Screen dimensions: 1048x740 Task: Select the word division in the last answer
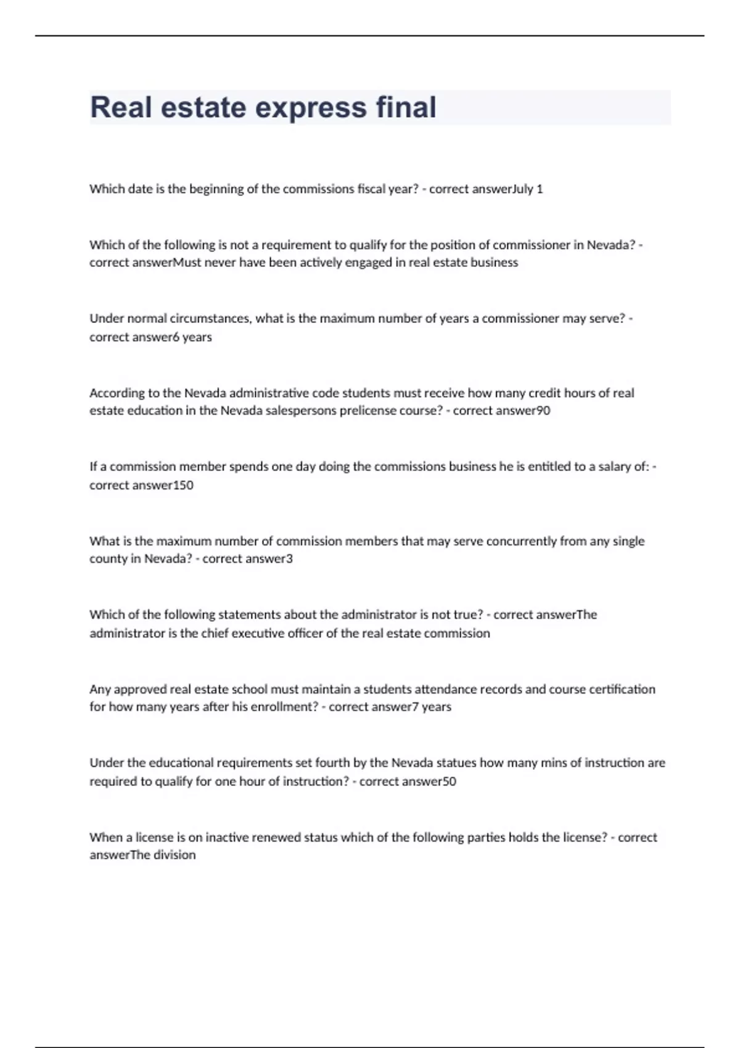(175, 855)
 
